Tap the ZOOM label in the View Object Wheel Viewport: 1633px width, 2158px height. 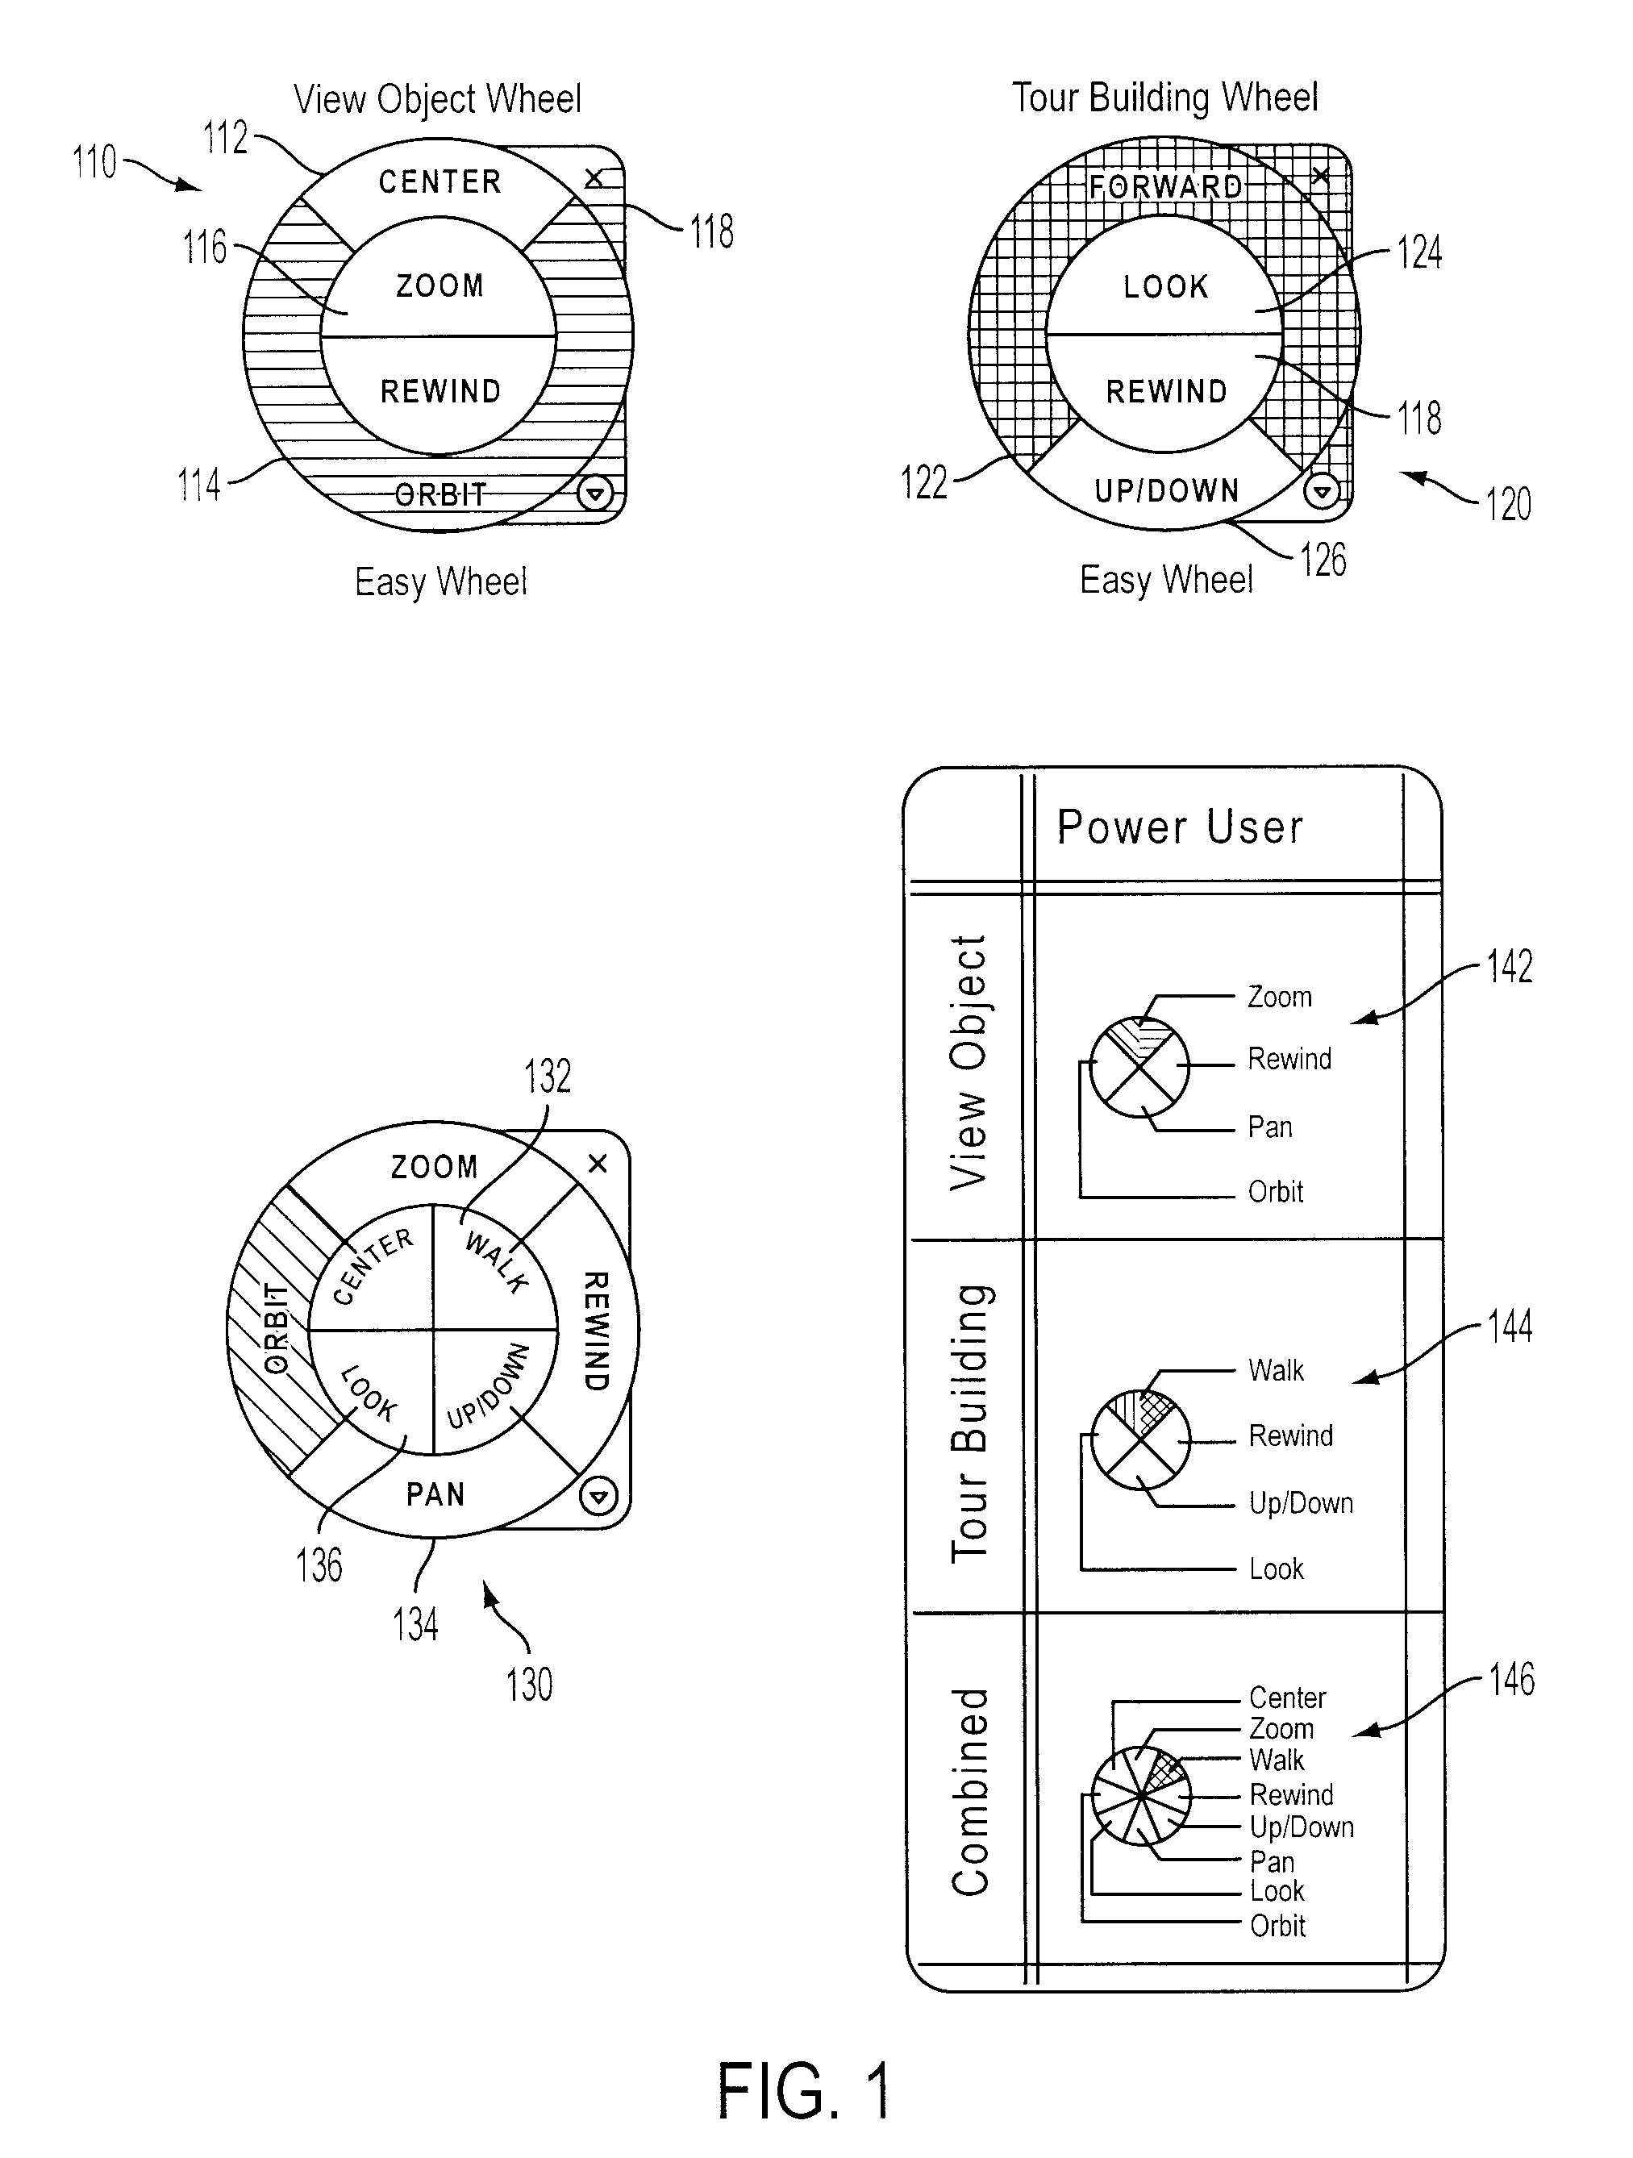coord(440,285)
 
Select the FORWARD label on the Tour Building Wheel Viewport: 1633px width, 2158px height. coord(1166,186)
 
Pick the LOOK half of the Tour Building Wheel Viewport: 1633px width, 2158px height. coord(1164,283)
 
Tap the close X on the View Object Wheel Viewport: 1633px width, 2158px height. coord(594,178)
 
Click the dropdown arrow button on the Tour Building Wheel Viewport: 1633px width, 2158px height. coord(1322,491)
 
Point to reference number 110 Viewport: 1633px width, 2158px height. coord(94,162)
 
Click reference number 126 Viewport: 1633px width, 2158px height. coord(1324,560)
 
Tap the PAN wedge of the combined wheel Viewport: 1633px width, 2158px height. coord(436,1494)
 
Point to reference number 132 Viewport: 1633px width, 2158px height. coord(548,1076)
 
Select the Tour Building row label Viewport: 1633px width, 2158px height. coord(972,1424)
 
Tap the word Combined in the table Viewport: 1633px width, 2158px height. coord(972,1792)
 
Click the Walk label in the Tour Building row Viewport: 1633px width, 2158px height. coord(1276,1371)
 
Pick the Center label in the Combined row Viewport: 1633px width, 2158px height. coord(1288,1698)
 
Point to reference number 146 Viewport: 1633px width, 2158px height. coord(1511,1680)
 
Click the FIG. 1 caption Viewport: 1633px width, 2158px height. coord(805,2092)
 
